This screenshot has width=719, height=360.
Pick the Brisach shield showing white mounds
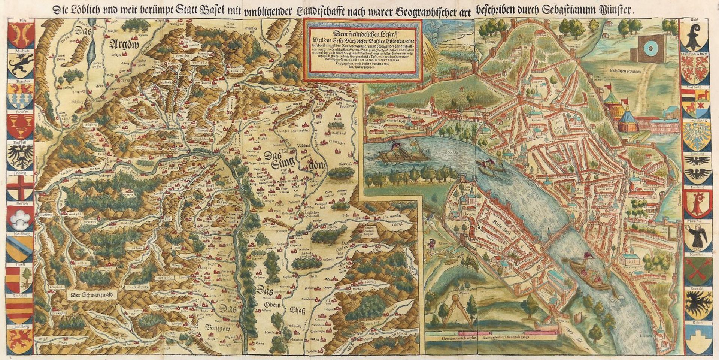20,217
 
